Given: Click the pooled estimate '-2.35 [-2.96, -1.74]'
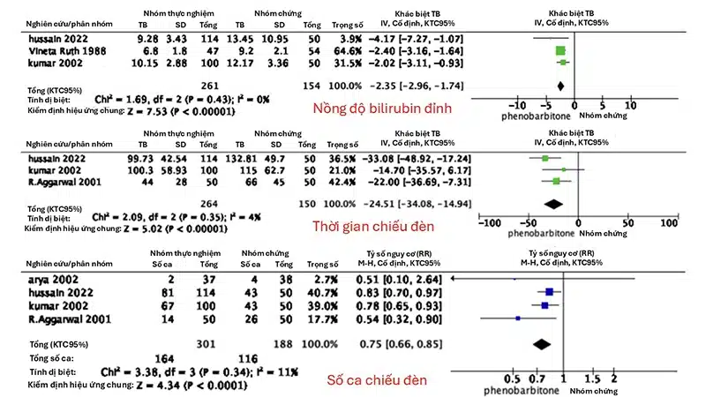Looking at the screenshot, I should (x=405, y=86).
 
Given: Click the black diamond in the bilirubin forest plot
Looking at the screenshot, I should (x=560, y=86).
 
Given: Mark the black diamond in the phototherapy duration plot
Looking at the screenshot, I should (x=553, y=204).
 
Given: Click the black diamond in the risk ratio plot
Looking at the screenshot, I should (x=539, y=339).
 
